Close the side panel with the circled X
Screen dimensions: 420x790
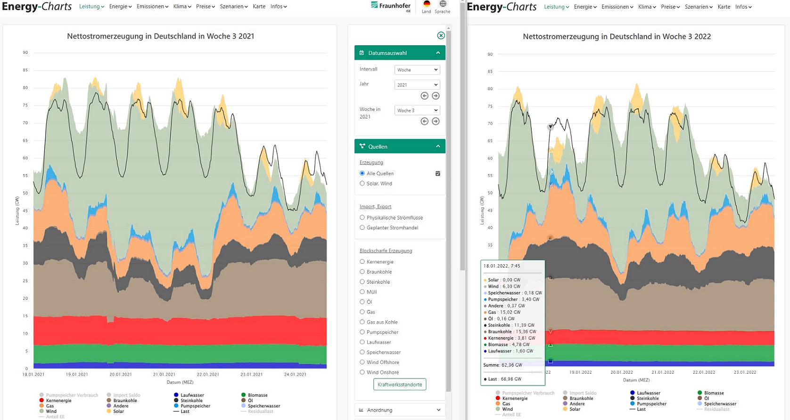point(441,35)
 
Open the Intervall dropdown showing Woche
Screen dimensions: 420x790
point(417,70)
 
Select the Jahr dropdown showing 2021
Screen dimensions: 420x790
point(417,85)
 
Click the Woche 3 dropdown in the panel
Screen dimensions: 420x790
point(417,110)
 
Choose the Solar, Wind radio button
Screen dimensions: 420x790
point(362,184)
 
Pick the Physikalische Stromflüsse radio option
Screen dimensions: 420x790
point(362,218)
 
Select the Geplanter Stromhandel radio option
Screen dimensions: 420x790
point(362,227)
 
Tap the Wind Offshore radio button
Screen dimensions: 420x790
point(362,362)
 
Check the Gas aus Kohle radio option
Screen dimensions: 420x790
point(362,322)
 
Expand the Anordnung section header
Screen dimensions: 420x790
point(399,410)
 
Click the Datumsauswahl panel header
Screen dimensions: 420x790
point(399,53)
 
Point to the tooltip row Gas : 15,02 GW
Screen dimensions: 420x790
point(504,312)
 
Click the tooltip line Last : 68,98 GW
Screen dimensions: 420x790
point(504,379)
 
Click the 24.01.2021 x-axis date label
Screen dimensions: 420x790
point(295,375)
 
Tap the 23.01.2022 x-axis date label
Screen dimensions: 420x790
point(745,372)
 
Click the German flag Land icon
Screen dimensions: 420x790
point(427,4)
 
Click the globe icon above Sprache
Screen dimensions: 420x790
point(443,4)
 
